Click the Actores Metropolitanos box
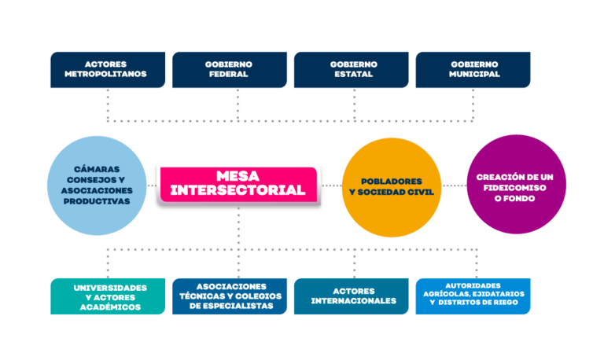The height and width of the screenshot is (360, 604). pos(108,69)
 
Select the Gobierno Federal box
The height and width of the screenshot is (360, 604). pos(230,69)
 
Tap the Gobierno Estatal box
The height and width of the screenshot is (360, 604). pos(352,69)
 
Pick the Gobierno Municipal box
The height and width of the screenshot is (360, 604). pos(473,69)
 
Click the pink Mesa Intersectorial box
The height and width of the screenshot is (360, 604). pos(238,184)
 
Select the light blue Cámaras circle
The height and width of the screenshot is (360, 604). pos(98,185)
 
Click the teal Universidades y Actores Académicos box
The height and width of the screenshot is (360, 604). pos(108,296)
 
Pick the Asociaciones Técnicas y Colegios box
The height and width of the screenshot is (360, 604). pos(230,296)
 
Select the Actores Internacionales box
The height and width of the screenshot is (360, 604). pos(352,296)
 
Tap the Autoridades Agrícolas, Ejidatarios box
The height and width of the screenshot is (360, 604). pos(473,296)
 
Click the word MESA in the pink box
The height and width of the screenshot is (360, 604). pos(238,177)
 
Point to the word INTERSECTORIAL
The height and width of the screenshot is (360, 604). pos(238,190)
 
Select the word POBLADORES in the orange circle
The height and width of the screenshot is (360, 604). pos(391,181)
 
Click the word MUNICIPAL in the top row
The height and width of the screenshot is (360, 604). pos(475,75)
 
